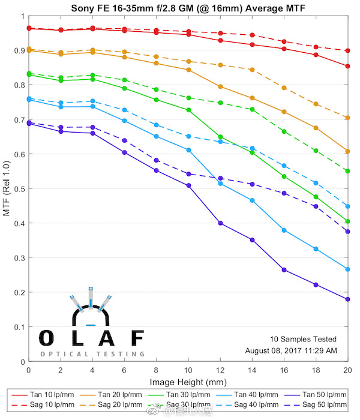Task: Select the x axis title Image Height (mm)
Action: pos(188,382)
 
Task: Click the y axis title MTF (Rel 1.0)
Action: pos(7,189)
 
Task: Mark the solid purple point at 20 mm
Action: pos(348,299)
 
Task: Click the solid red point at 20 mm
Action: pos(348,66)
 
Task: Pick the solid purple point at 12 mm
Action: pos(220,223)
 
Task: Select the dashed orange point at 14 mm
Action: pos(252,70)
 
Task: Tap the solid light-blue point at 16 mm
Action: pos(284,230)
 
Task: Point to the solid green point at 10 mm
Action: pos(188,110)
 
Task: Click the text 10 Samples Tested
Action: pos(303,339)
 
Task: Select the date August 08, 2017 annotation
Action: pos(291,350)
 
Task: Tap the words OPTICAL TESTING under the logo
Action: pos(92,354)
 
